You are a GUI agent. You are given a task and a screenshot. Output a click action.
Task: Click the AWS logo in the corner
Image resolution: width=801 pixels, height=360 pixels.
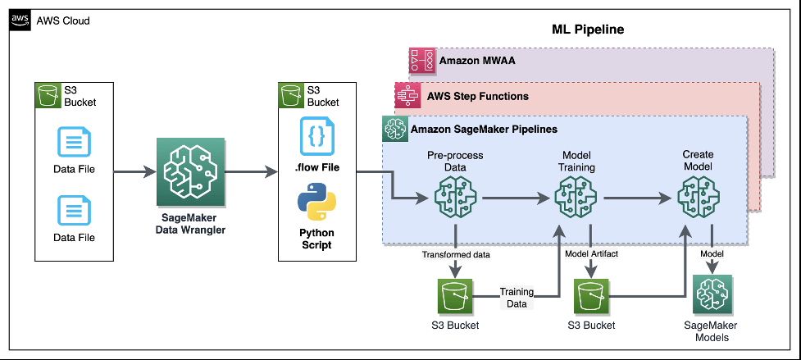(x=20, y=20)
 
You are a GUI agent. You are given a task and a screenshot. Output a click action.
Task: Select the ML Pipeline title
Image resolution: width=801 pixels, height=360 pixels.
(x=588, y=29)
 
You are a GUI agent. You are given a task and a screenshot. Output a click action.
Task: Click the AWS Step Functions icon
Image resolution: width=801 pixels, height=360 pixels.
(x=407, y=95)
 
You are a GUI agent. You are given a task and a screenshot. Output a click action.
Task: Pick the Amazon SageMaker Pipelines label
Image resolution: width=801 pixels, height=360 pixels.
(x=484, y=130)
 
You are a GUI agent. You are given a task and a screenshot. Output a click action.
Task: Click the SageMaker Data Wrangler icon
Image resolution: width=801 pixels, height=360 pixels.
(x=190, y=171)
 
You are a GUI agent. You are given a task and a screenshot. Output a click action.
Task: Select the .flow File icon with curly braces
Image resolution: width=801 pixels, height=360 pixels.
(x=316, y=136)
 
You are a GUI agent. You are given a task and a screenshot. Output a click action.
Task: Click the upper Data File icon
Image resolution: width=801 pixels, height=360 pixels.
(x=74, y=142)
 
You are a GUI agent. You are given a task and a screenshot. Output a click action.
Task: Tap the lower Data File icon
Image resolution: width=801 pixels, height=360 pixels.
(x=74, y=211)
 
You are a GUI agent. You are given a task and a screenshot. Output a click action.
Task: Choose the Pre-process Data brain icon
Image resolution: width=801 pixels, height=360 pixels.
(x=455, y=198)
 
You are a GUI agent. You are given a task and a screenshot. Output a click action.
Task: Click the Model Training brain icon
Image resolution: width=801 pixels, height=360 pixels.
(x=576, y=198)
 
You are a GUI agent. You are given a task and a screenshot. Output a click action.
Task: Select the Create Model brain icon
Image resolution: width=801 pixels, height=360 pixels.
(x=699, y=198)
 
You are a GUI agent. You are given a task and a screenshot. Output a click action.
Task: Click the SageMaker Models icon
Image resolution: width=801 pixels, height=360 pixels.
(x=712, y=294)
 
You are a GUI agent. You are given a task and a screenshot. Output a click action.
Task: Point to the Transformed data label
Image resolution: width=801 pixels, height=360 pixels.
(x=456, y=254)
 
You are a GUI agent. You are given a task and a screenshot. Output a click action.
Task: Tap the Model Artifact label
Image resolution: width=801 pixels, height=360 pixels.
(x=591, y=254)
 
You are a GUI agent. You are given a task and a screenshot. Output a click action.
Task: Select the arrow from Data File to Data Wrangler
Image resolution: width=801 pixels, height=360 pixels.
(x=134, y=171)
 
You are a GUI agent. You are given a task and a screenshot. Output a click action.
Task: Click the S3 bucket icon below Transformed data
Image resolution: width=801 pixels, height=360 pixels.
(x=455, y=296)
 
